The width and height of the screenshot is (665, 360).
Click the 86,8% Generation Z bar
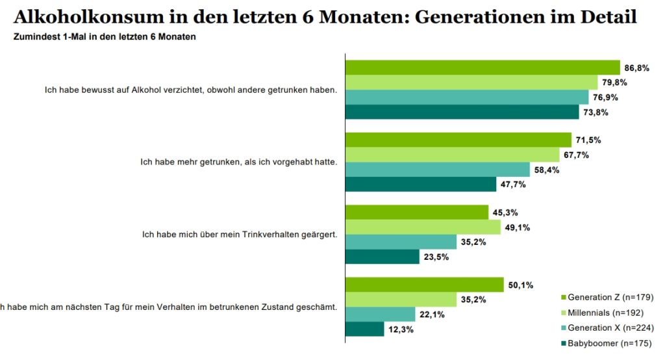(483, 68)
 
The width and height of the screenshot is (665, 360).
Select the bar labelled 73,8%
(462, 112)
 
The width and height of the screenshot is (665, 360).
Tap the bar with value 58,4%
(438, 170)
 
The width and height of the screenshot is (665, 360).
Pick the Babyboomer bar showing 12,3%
(364, 329)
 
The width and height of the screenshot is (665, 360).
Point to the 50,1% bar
(424, 285)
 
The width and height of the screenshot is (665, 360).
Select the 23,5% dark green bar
(383, 257)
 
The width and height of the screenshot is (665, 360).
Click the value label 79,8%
(615, 83)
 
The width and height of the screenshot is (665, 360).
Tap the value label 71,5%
(589, 140)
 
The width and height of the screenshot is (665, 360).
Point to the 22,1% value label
(433, 315)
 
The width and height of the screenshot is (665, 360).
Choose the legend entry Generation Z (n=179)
(605, 297)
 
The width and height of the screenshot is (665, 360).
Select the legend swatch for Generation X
(562, 328)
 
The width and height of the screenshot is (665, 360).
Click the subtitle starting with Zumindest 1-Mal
(105, 37)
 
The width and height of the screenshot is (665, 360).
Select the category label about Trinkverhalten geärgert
(239, 235)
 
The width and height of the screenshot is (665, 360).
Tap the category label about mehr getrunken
(238, 162)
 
